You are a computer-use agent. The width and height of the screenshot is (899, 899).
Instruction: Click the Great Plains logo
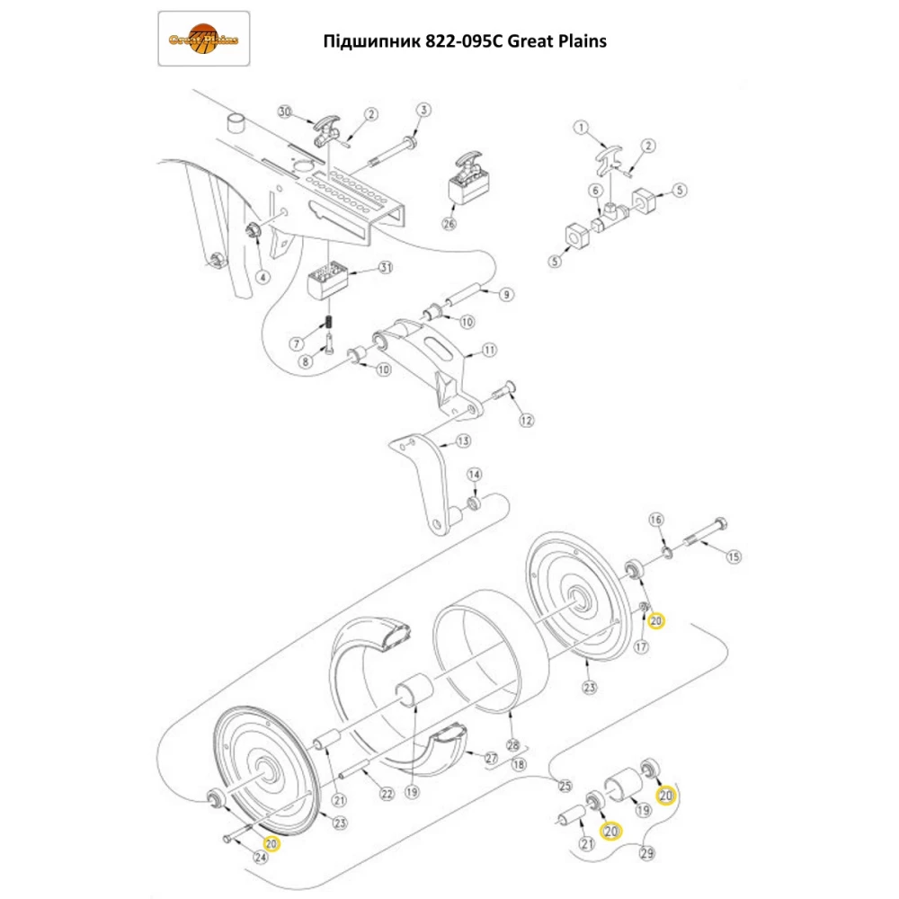click(x=204, y=39)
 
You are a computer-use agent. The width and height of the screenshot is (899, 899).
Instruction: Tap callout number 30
click(x=285, y=112)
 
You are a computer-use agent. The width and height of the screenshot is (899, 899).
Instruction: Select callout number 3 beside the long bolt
click(x=423, y=110)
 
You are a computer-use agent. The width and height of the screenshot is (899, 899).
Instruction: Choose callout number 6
click(x=594, y=191)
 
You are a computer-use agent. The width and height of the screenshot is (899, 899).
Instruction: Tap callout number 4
click(x=263, y=277)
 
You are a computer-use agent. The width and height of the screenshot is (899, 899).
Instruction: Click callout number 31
click(x=386, y=268)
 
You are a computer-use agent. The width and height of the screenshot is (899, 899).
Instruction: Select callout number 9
click(x=505, y=294)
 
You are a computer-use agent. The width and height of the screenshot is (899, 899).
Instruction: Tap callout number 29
click(x=646, y=852)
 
